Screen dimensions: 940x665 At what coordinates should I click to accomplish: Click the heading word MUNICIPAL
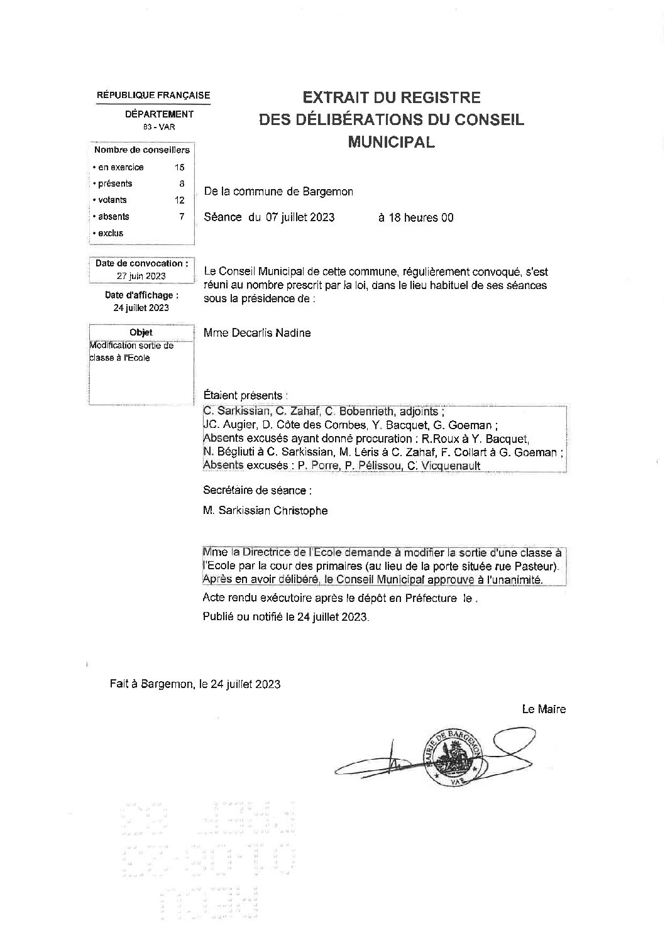(x=391, y=142)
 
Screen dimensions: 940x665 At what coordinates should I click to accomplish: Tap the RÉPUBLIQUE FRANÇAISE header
(x=153, y=96)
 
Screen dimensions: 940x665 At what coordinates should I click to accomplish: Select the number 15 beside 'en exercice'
(x=180, y=167)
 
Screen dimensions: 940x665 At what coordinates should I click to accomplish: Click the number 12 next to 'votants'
(x=180, y=200)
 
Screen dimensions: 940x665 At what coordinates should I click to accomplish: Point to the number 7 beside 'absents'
(x=182, y=216)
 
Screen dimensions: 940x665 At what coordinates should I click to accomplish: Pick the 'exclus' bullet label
(x=111, y=233)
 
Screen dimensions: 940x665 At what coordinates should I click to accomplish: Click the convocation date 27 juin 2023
(x=141, y=276)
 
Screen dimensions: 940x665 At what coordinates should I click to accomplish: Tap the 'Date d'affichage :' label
(x=141, y=295)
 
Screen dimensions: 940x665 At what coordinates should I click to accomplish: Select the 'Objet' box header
(x=141, y=332)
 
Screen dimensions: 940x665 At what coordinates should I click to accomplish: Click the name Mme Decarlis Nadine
(x=257, y=333)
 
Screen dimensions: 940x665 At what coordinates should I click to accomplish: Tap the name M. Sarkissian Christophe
(x=265, y=511)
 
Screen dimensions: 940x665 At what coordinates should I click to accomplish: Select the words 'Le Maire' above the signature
(x=544, y=709)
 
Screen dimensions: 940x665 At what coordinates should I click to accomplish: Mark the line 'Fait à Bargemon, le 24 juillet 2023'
(x=195, y=684)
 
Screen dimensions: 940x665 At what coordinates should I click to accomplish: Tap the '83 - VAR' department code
(x=159, y=127)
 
